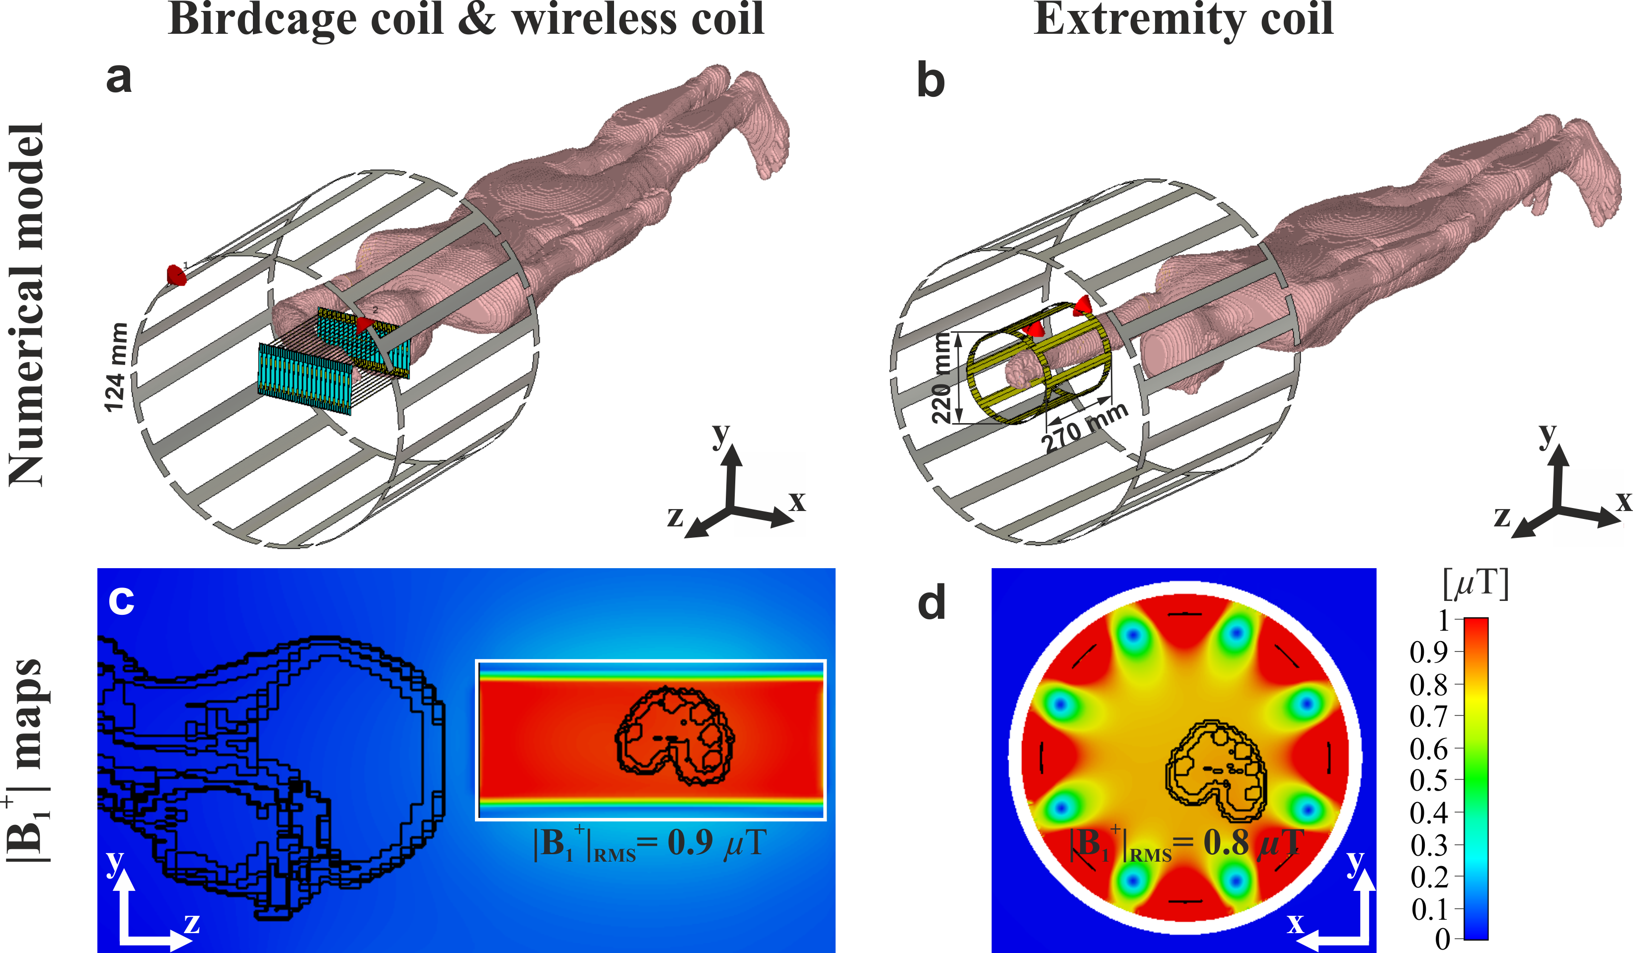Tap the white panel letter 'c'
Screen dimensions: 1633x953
pyautogui.click(x=121, y=601)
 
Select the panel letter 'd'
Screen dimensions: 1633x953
pyautogui.click(x=932, y=604)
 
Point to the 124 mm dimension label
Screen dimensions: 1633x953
pyautogui.click(x=117, y=367)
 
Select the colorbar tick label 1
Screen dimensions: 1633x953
pyautogui.click(x=1443, y=620)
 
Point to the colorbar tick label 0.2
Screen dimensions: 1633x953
pyautogui.click(x=1428, y=877)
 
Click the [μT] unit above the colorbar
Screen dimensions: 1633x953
pyautogui.click(x=1476, y=585)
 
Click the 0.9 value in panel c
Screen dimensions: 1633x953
pyautogui.click(x=691, y=843)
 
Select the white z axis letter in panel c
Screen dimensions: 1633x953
pyautogui.click(x=191, y=923)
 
